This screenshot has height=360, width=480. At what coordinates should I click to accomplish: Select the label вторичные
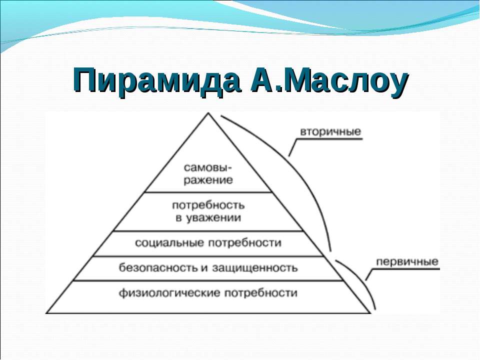coord(330,131)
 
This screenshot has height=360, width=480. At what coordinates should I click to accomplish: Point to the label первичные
coord(407,262)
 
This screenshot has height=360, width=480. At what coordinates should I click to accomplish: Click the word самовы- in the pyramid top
coord(208,168)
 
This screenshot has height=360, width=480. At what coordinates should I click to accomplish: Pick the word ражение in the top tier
coord(208,179)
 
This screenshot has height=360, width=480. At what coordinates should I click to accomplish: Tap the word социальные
coord(169,243)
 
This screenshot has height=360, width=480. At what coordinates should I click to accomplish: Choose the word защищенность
coord(254,268)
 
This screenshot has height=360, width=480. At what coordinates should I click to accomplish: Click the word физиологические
coord(169,293)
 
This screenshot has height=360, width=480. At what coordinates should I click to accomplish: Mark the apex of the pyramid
coord(208,113)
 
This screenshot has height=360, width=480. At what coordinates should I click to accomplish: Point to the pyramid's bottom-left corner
coord(46,313)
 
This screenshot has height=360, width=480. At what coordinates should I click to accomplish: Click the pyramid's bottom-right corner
coord(370,313)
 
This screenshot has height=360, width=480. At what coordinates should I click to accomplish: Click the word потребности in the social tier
coord(245,243)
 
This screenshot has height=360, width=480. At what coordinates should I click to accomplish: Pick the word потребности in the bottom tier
coord(261,293)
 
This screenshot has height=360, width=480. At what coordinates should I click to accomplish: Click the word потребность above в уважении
coord(208,205)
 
